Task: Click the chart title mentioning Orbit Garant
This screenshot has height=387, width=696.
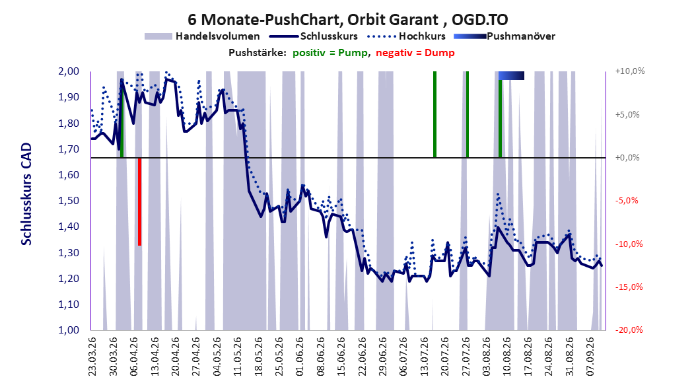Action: (x=347, y=20)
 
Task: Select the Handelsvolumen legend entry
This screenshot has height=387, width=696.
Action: (x=203, y=36)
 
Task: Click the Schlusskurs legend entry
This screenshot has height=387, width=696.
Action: (x=314, y=36)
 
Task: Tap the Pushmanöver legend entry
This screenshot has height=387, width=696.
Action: (x=505, y=36)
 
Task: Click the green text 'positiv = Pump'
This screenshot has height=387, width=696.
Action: (x=330, y=53)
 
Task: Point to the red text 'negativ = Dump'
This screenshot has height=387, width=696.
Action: (x=415, y=53)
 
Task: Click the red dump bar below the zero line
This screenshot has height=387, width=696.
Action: (x=139, y=201)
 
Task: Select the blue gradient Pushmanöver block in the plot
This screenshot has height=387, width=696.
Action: (x=511, y=75)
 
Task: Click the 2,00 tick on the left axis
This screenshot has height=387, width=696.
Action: (x=69, y=71)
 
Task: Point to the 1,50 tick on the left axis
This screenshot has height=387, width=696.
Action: (x=69, y=201)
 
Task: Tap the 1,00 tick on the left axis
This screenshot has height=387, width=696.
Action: (x=69, y=330)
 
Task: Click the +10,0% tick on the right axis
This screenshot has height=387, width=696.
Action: (x=630, y=71)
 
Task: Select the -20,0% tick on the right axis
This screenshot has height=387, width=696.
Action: (x=629, y=330)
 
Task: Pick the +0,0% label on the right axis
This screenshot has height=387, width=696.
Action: (x=627, y=158)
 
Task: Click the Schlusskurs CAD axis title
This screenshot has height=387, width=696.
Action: (x=26, y=194)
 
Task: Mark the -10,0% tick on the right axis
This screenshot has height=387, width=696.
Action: (x=629, y=244)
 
